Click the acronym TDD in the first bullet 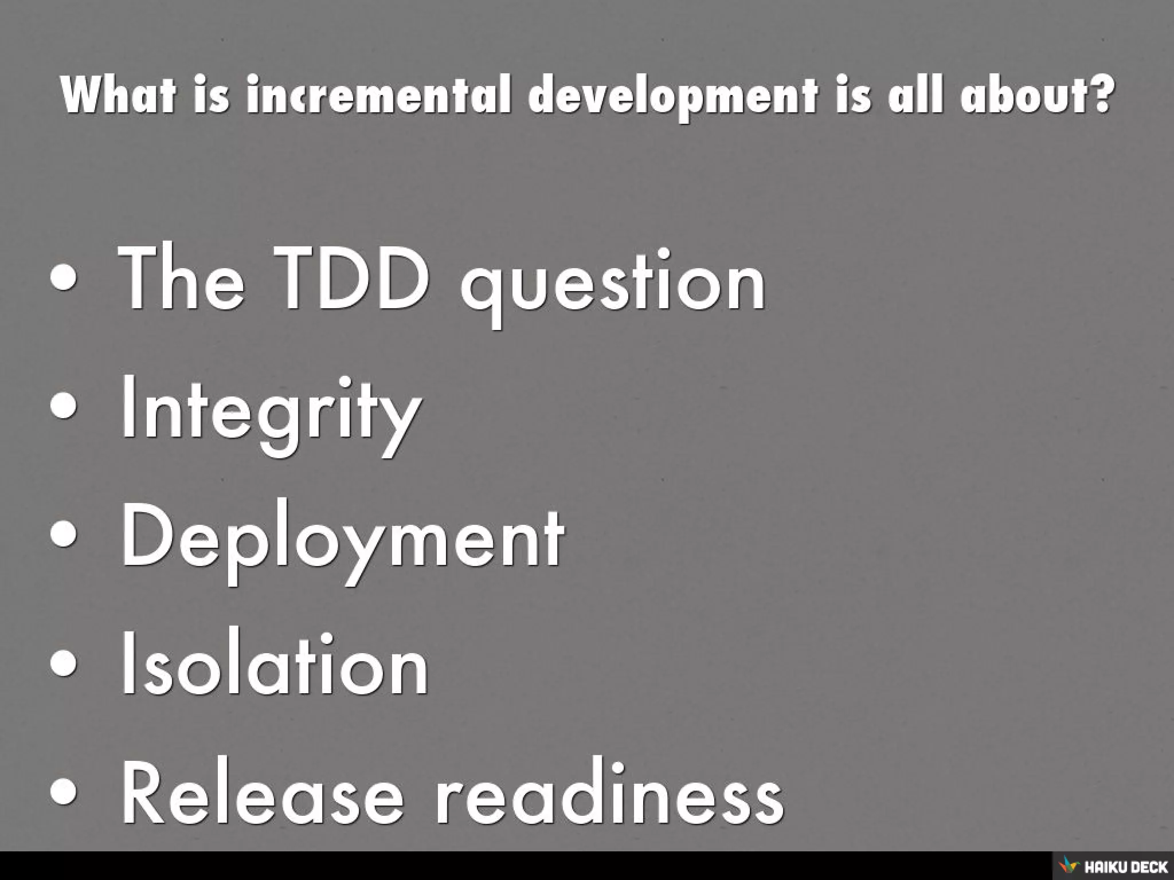pos(351,279)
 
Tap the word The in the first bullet pos(181,279)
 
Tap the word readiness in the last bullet pos(609,793)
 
